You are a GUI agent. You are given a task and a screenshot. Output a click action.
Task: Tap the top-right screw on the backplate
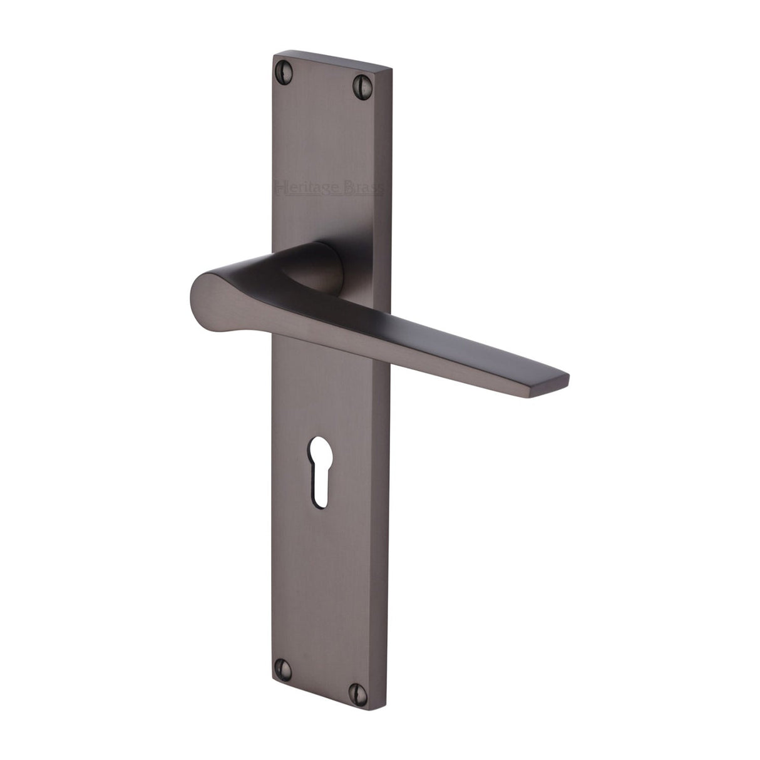pyautogui.click(x=363, y=81)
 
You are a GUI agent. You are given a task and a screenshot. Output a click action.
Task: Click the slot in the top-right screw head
pyautogui.click(x=363, y=81)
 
